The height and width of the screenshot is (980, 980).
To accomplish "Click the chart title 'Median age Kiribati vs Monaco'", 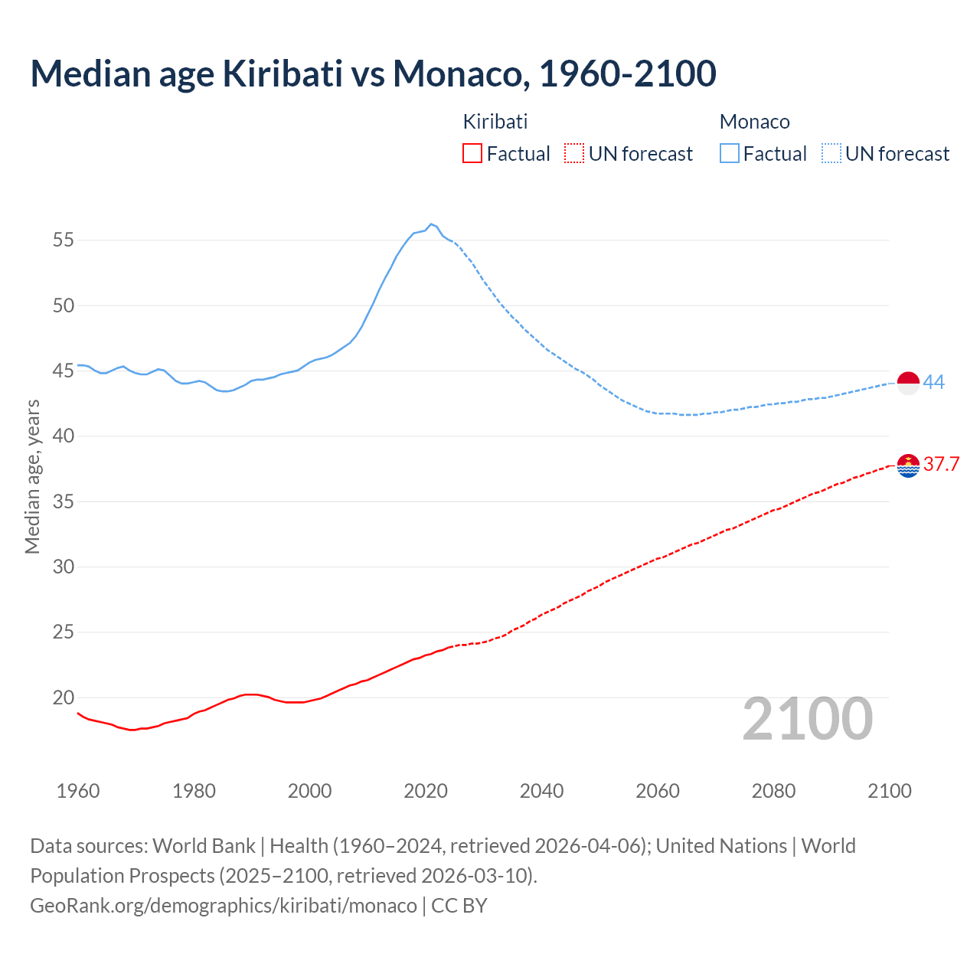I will click(373, 73).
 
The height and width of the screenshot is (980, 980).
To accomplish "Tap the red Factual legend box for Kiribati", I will click(472, 154).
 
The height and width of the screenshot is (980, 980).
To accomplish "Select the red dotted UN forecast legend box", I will click(574, 154).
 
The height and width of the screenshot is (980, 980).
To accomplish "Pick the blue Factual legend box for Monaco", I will click(729, 154).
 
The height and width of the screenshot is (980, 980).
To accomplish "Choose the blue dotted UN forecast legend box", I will click(831, 154).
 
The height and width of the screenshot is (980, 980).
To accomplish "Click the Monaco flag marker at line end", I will click(908, 382).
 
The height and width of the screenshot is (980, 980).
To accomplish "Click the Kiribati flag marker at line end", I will click(908, 465).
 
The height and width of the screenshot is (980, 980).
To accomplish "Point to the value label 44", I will click(934, 382).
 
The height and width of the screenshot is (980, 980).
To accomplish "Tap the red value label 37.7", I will click(941, 465).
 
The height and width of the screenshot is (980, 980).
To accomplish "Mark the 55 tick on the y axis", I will click(64, 240).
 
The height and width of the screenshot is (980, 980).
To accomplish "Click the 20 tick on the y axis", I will click(64, 697).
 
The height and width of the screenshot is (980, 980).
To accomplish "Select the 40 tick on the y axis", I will click(64, 436).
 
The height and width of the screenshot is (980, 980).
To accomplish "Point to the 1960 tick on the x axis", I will click(78, 791).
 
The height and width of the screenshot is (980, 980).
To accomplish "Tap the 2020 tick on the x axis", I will click(426, 791).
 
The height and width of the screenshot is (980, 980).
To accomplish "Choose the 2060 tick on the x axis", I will click(658, 791).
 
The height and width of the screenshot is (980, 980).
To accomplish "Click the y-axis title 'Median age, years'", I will click(32, 476).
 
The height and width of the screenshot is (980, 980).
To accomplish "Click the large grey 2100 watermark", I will click(808, 719).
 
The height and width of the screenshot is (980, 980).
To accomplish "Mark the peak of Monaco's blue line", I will click(431, 224).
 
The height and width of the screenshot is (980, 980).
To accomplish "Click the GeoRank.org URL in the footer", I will click(224, 906).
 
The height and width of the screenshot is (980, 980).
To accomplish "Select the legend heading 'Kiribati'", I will click(495, 122).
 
